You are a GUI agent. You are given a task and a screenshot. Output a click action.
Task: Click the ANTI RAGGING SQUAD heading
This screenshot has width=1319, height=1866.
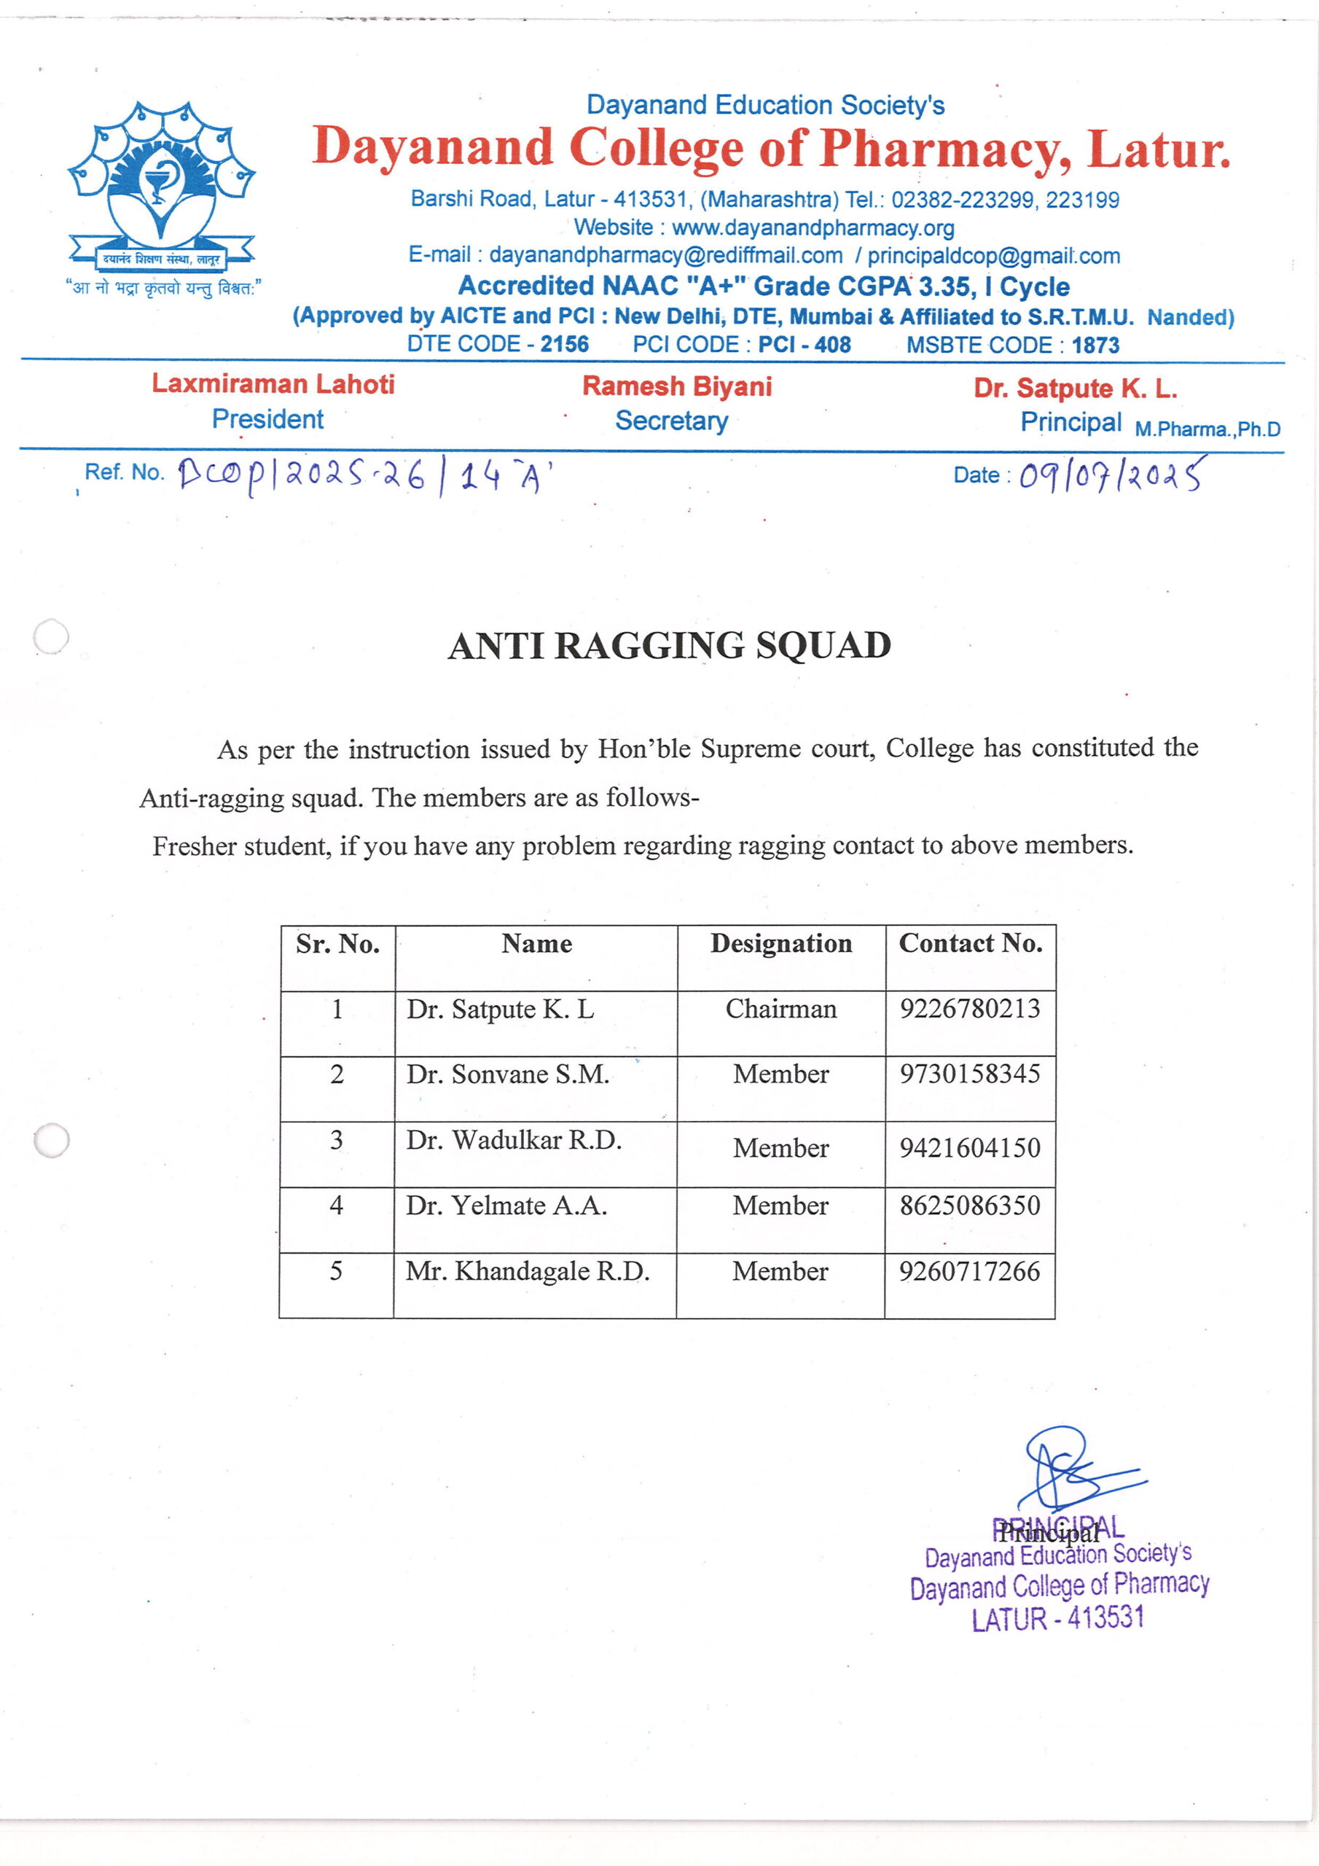coord(669,646)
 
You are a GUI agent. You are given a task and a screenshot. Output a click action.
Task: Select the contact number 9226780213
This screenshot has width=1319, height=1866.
coord(969,1009)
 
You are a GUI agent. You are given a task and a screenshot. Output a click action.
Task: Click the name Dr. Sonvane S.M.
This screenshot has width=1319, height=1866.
coord(508,1074)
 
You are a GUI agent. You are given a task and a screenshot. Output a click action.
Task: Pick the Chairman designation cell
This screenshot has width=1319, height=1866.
coord(780,1009)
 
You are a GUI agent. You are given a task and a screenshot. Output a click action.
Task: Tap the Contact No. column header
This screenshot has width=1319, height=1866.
coord(971,943)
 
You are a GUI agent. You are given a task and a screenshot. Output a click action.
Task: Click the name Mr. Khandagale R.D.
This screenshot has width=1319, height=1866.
coord(528,1271)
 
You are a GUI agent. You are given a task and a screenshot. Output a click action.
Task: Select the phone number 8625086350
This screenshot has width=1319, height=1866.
coord(969,1206)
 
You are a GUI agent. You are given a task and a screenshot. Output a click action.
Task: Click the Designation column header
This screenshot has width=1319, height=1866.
coord(781,943)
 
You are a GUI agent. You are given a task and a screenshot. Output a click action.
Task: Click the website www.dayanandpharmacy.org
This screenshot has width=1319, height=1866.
coord(813,227)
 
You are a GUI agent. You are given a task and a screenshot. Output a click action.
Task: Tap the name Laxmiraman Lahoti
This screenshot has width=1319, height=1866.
coord(273,383)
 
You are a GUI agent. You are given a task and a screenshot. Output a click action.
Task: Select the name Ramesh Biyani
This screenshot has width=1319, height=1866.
coord(677,386)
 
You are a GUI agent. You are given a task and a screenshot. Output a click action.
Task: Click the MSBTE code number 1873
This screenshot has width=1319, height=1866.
coord(1095,346)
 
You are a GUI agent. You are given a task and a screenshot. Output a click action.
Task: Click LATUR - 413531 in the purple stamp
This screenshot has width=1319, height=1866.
coord(1057,1619)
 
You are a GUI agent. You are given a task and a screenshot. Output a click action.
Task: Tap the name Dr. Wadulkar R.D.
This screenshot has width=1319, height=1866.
coord(514,1140)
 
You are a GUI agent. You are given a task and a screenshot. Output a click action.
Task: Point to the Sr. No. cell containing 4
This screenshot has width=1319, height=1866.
coord(337,1206)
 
